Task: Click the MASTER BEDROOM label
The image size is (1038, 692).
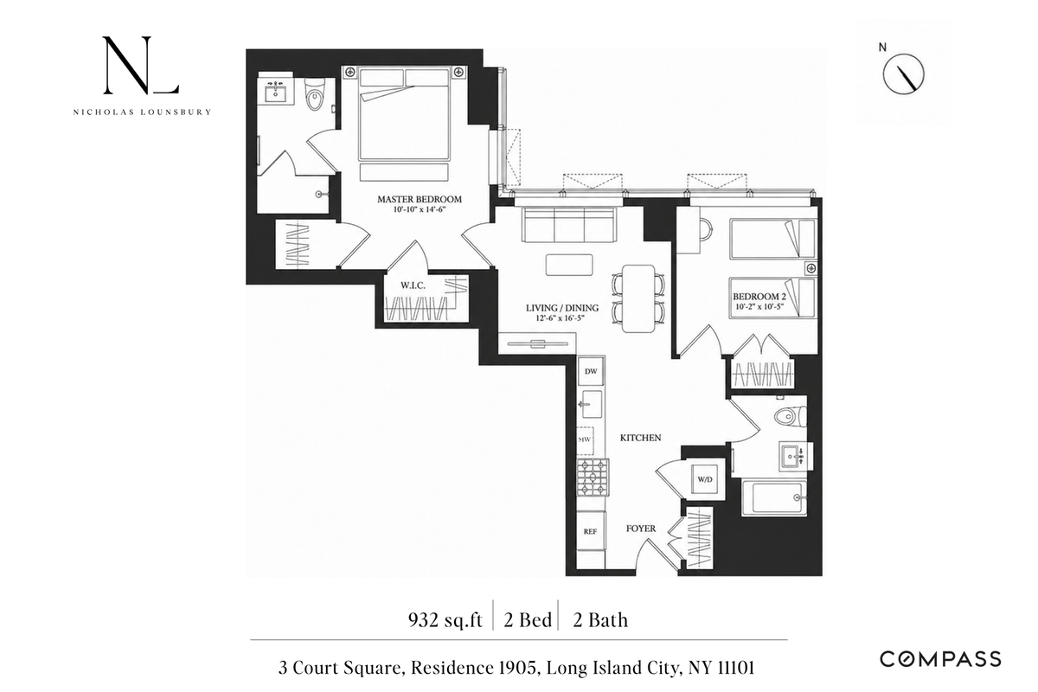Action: coord(420,199)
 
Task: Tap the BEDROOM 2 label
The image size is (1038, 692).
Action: coord(759,296)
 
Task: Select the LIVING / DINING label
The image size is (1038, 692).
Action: coord(562,308)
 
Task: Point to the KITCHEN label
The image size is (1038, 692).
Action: coord(640,438)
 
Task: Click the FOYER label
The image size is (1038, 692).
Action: coord(641,529)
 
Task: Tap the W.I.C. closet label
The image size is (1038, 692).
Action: coord(413,285)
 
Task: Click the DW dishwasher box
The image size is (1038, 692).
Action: coord(591,371)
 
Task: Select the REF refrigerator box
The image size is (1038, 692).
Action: coord(591,531)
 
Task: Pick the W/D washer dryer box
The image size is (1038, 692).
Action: coord(705,479)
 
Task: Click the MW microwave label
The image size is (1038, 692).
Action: coord(585,439)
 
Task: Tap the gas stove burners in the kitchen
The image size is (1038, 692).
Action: coord(593,477)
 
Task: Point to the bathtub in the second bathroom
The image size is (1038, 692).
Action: coord(774,499)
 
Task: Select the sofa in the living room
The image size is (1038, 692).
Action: coord(568,225)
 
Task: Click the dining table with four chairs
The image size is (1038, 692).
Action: coord(638,298)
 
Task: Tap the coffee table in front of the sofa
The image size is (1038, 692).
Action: coord(569,265)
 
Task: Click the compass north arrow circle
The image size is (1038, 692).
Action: coord(903,74)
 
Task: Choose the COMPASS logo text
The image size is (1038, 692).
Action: coord(941,659)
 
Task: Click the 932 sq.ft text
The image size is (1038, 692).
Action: coord(445,620)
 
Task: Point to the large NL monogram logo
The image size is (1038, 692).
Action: coord(141,65)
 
